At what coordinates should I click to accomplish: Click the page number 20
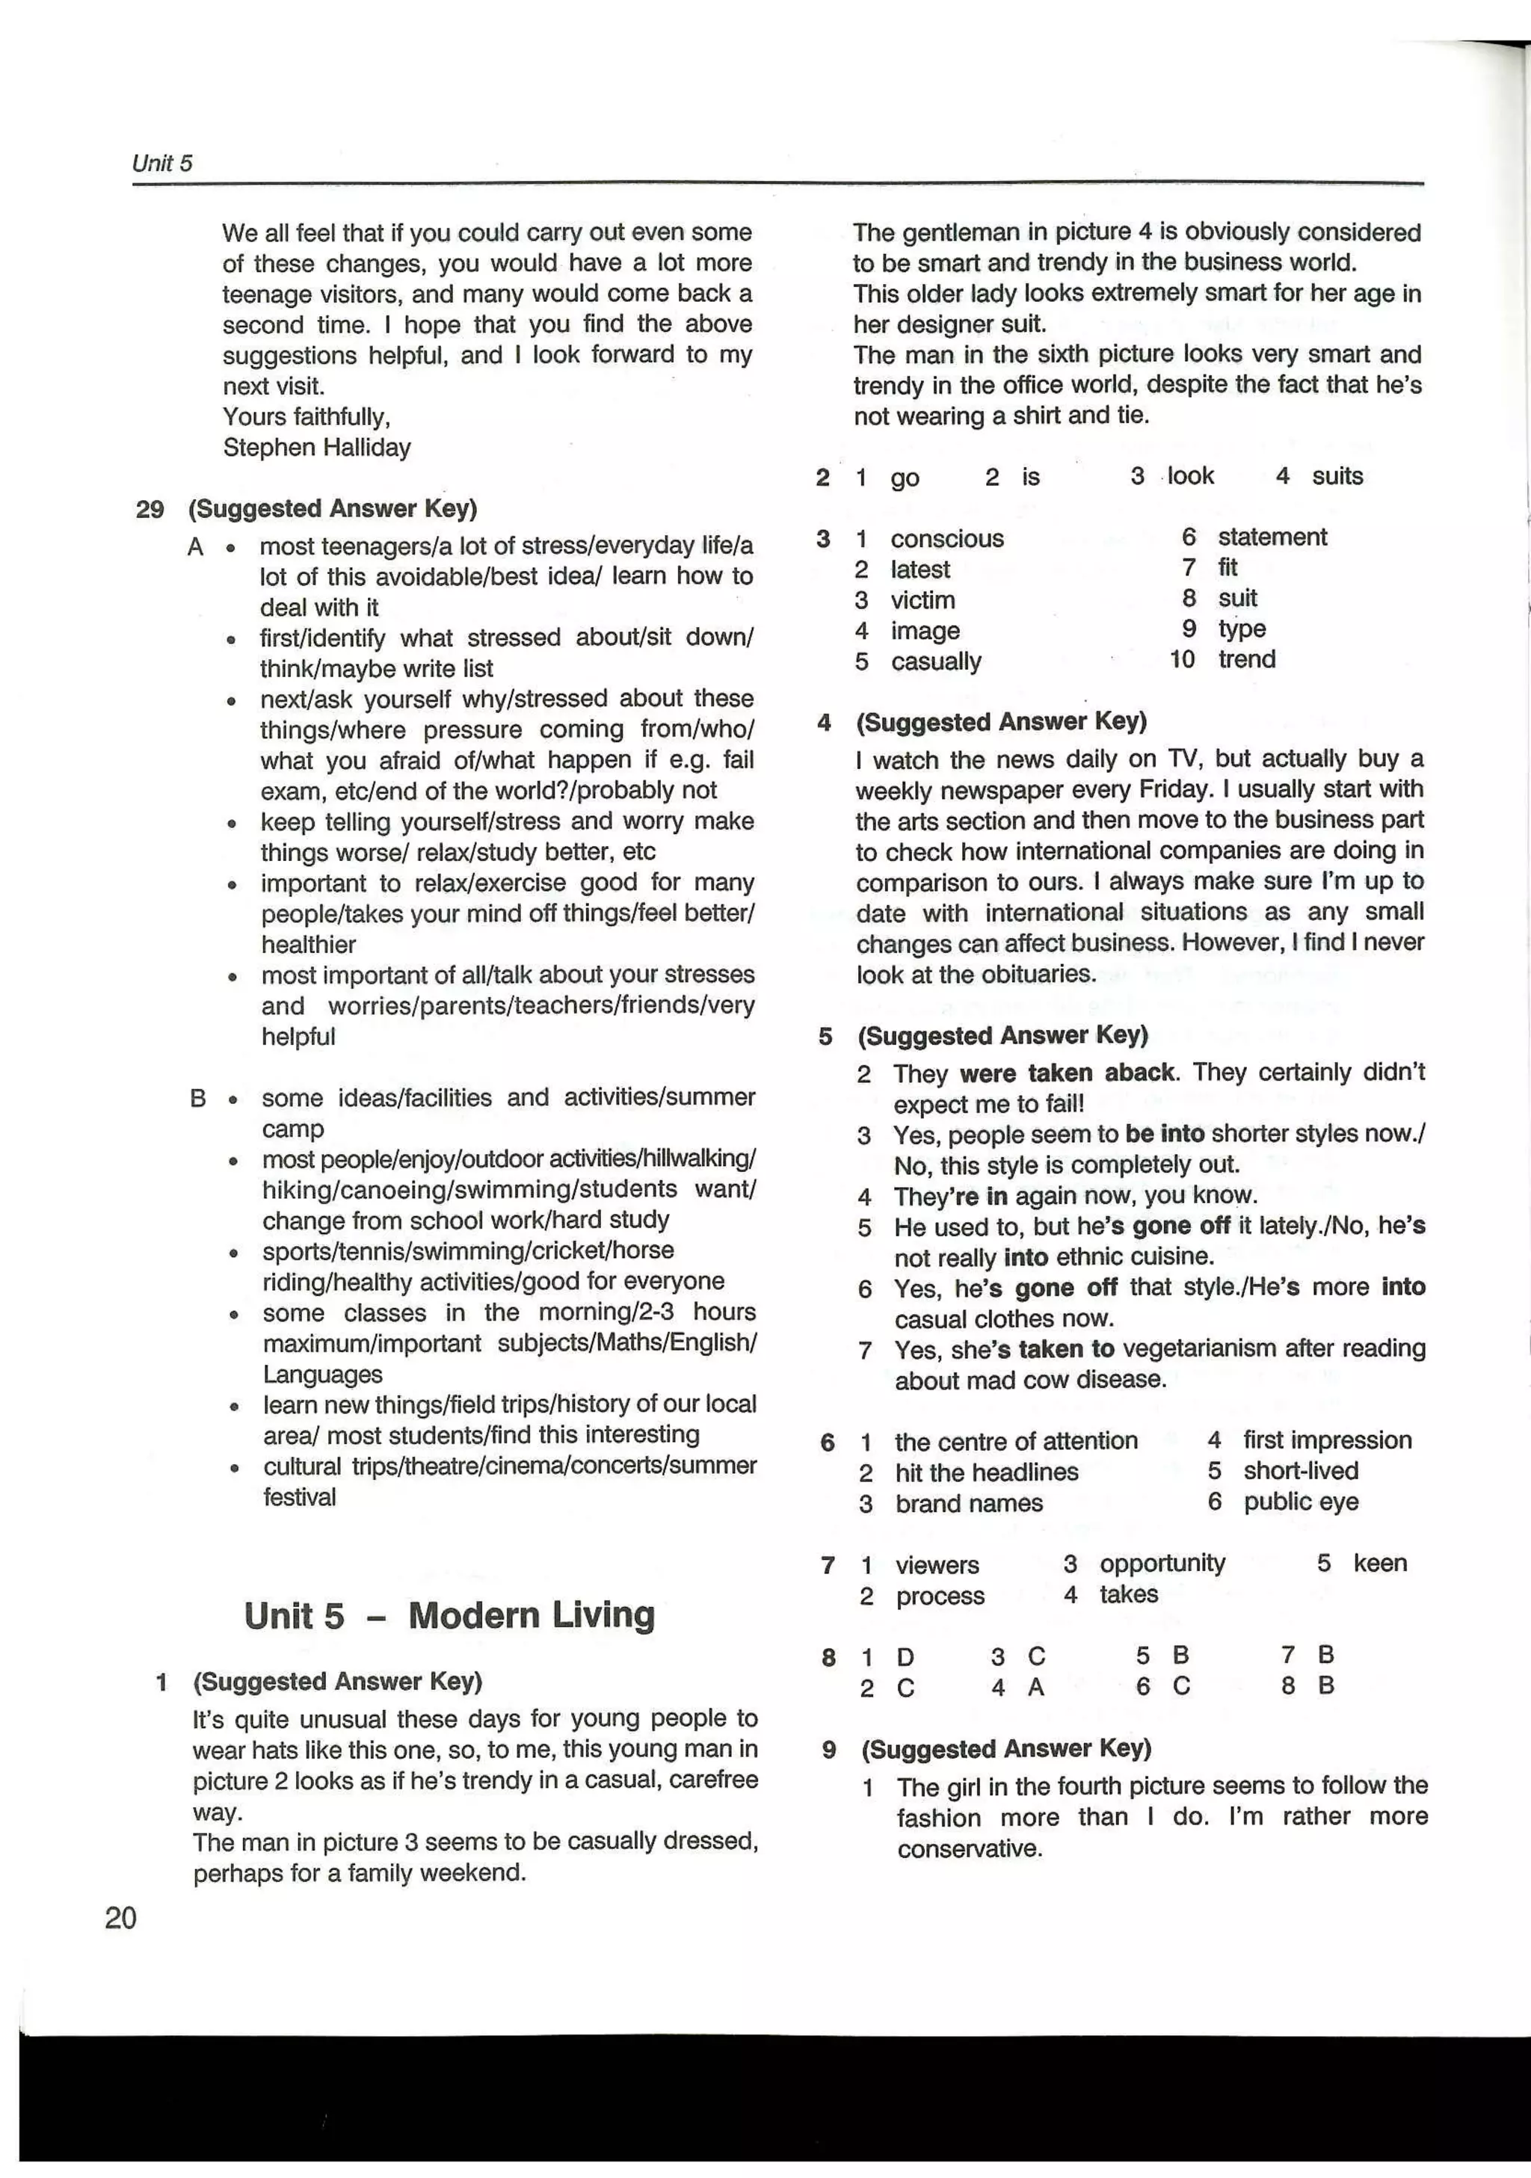pos(120,1917)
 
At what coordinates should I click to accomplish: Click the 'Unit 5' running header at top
pos(162,163)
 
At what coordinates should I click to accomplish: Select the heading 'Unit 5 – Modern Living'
pos(449,1614)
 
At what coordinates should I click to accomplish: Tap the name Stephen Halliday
pos(317,448)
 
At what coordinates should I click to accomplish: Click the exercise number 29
pos(149,510)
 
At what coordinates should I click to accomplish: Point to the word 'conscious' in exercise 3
pos(946,539)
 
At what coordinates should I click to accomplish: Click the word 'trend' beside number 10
pos(1246,659)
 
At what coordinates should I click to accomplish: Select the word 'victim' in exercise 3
pos(922,600)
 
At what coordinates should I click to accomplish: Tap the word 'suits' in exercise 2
pos(1337,476)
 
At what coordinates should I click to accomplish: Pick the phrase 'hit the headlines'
pos(987,1472)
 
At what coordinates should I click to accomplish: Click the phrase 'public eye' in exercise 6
pos(1301,1502)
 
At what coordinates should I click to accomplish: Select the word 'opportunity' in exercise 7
pos(1162,1564)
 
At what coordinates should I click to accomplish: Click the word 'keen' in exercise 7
pos(1379,1564)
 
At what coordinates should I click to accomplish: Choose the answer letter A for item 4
pos(1036,1688)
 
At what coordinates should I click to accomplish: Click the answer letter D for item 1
pos(905,1657)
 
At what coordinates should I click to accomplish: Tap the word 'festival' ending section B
pos(299,1497)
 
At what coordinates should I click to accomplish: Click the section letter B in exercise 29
pos(198,1099)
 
